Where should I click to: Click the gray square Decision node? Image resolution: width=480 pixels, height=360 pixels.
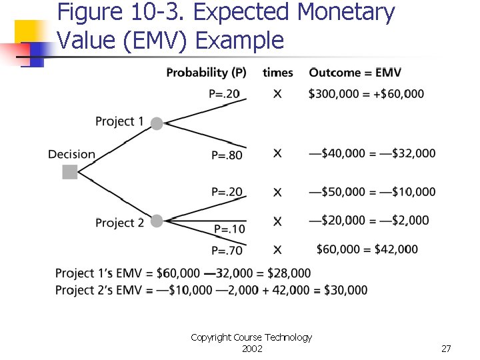(70, 172)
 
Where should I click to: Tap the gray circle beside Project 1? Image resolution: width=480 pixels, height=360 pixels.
(157, 123)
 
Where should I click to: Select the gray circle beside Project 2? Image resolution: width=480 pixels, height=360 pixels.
(157, 221)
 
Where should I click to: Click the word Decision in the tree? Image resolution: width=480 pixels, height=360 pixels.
(71, 155)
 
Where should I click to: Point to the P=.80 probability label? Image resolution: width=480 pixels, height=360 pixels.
(227, 155)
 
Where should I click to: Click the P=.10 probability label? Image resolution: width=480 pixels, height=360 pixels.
(229, 229)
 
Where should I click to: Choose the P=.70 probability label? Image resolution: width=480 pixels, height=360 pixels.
(227, 251)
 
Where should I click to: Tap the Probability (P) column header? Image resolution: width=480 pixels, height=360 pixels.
(206, 73)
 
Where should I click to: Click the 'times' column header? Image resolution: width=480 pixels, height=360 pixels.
(277, 73)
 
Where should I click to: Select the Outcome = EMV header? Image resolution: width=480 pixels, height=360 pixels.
(355, 73)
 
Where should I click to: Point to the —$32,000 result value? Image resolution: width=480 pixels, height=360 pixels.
(406, 153)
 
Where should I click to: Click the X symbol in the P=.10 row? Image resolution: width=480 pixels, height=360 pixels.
(277, 221)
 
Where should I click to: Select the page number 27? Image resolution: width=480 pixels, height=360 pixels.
(446, 349)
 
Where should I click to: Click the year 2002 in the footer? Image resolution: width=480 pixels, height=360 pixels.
(251, 349)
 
